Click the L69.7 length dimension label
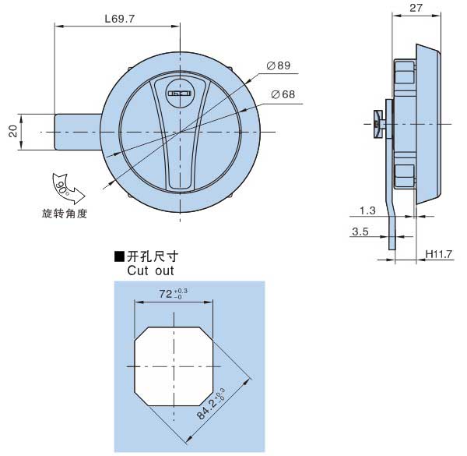[120, 19]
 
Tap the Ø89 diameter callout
[279, 65]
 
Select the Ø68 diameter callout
[283, 94]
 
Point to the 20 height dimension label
[13, 131]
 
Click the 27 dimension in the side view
[416, 8]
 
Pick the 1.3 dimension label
[367, 210]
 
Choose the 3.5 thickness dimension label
[360, 232]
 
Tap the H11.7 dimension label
[439, 254]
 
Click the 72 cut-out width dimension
[173, 294]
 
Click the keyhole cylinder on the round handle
[179, 93]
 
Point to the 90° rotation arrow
[68, 188]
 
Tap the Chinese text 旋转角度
[65, 214]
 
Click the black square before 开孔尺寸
[119, 256]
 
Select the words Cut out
[150, 270]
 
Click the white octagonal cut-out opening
[174, 366]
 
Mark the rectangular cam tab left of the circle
[78, 132]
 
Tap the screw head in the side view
[378, 124]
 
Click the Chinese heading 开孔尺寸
[153, 256]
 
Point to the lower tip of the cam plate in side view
[392, 249]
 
